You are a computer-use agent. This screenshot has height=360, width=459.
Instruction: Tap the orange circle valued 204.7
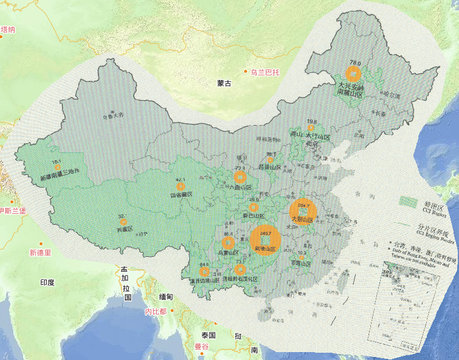pyautogui.click(x=302, y=211)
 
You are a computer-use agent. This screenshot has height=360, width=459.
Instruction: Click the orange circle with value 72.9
pyautogui.click(x=240, y=177)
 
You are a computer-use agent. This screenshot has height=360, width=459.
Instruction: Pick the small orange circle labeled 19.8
pyautogui.click(x=311, y=127)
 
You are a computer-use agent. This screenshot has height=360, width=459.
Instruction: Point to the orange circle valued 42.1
pyautogui.click(x=181, y=186)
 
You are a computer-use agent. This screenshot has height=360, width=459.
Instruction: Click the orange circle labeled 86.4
pyautogui.click(x=228, y=241)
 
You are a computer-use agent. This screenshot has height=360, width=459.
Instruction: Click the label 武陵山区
pyautogui.click(x=265, y=249)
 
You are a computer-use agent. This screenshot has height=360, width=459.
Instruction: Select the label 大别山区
pyautogui.click(x=302, y=220)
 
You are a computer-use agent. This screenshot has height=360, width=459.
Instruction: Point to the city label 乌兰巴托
pyautogui.click(x=265, y=73)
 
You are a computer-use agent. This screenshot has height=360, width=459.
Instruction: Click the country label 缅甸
pyautogui.click(x=166, y=297)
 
